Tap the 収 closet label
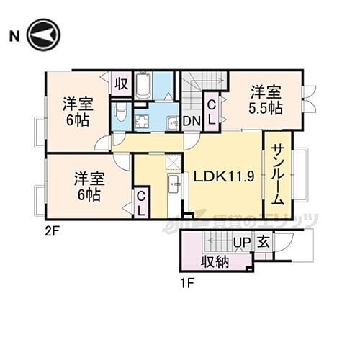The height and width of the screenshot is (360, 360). tap(121, 84)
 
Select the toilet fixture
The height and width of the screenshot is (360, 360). tap(122, 114)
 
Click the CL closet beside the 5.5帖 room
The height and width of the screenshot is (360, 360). tap(213, 112)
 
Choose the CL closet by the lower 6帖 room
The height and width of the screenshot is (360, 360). tap(142, 203)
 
